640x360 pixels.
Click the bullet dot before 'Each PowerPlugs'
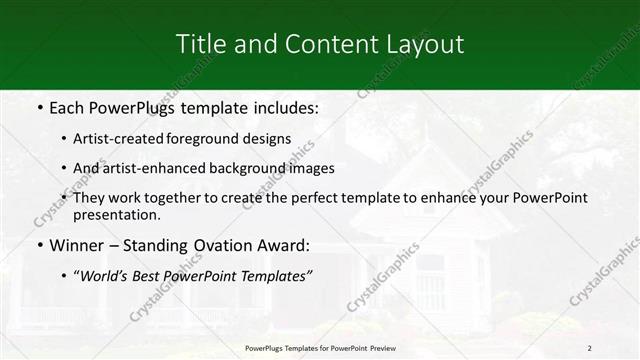click(x=39, y=107)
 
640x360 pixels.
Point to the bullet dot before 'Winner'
click(x=39, y=245)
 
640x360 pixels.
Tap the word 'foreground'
click(x=211, y=139)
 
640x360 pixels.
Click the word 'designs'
click(x=270, y=139)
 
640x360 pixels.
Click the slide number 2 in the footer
click(x=590, y=347)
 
